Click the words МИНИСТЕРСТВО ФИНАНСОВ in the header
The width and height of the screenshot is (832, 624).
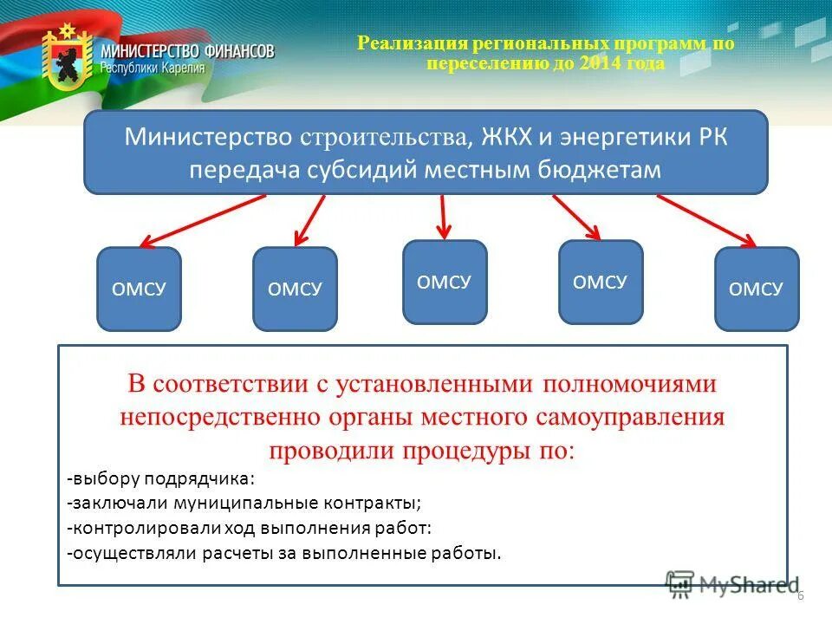pos(187,51)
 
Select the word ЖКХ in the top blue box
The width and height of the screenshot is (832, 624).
pos(504,138)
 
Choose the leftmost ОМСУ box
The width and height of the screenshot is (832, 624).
pos(139,289)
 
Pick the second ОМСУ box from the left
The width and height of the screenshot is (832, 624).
pos(295,289)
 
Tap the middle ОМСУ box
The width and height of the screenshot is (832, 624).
pos(445,282)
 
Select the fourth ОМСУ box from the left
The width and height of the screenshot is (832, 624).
pos(601,282)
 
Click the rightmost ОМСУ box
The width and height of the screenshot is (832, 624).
pos(757,289)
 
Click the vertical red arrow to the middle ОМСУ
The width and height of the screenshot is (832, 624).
pos(444,216)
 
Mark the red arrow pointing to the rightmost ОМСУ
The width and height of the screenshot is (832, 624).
pos(706,220)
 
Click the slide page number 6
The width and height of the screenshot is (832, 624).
pos(800,595)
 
